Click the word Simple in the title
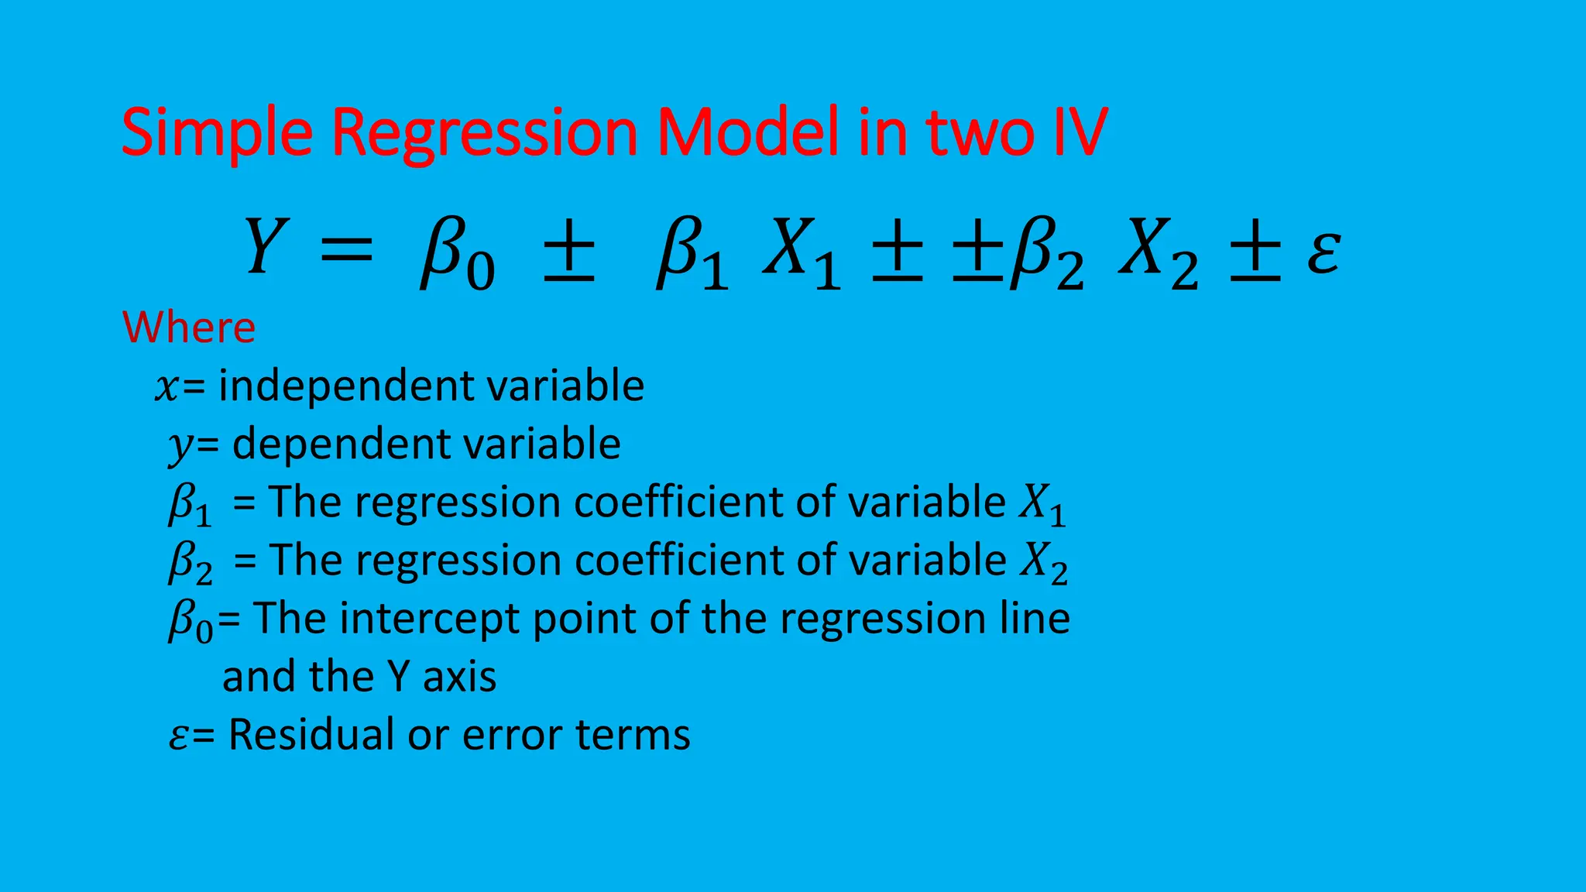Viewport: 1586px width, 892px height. (x=217, y=133)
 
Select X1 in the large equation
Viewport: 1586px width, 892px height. (x=802, y=252)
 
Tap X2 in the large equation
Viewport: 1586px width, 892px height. (x=1159, y=252)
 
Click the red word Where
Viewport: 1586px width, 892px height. (x=189, y=327)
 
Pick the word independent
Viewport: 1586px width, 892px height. (x=345, y=386)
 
